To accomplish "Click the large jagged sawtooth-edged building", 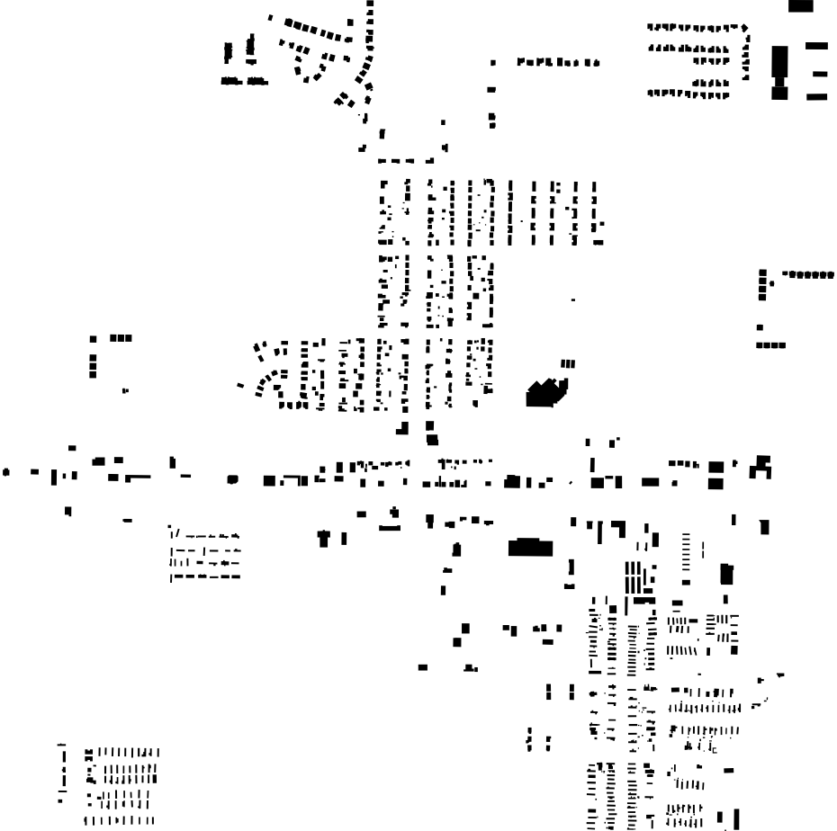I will tap(545, 393).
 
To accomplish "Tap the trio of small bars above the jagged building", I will tap(567, 363).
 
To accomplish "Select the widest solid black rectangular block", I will tap(530, 547).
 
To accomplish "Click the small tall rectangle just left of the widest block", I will tap(456, 548).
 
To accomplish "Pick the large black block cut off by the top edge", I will tap(800, 5).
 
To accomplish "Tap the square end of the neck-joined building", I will tap(779, 91).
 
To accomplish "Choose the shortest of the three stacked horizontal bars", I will tap(819, 73).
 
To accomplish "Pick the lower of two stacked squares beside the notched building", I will tap(716, 483).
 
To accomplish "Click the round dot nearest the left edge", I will tap(6, 470).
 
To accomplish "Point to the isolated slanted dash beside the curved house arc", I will tap(240, 386).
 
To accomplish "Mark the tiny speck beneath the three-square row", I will tap(124, 390).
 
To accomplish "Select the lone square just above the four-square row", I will tap(760, 327).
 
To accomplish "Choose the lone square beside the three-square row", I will tap(93, 339).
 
